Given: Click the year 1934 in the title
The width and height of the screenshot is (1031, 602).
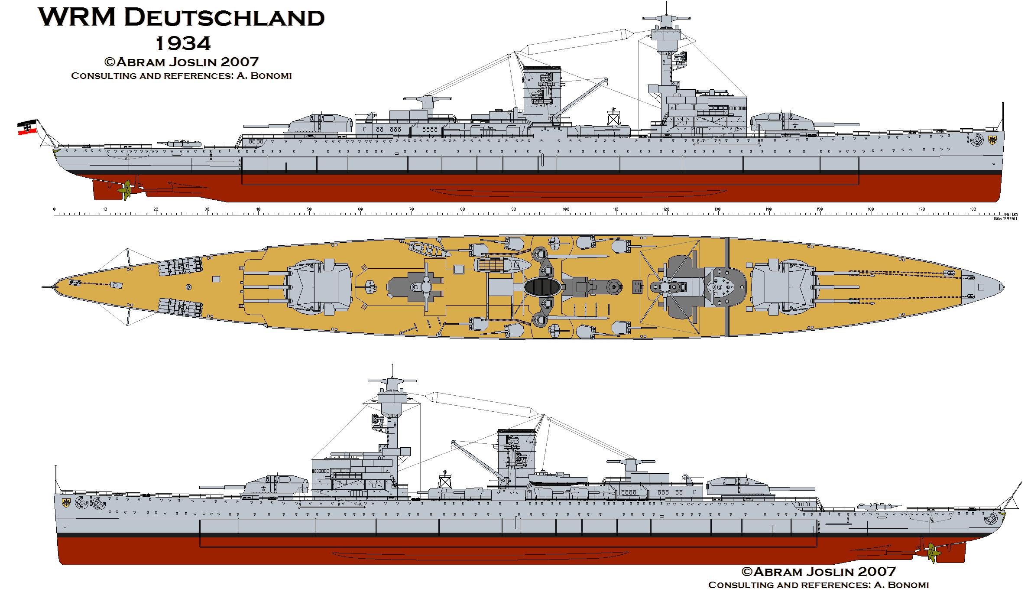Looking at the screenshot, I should click(x=182, y=43).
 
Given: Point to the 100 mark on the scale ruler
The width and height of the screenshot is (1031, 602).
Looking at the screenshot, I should click(x=565, y=210).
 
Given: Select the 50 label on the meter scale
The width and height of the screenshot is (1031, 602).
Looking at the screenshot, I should click(x=309, y=210).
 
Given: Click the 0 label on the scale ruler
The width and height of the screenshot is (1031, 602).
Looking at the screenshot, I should click(x=54, y=210).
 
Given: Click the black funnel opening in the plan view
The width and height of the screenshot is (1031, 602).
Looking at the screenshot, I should click(x=542, y=287).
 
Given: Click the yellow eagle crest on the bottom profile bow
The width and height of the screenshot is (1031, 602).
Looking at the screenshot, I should click(x=67, y=503).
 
